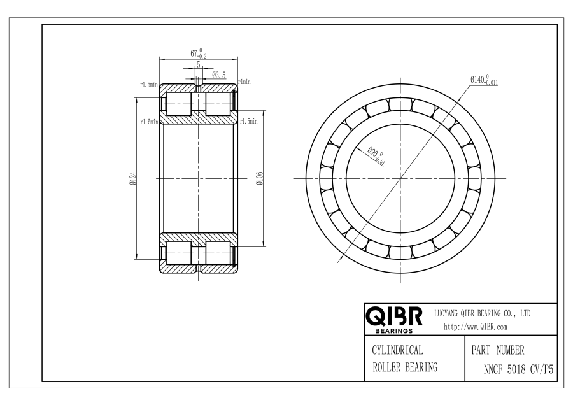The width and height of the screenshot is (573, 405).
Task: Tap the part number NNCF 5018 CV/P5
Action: coord(518,369)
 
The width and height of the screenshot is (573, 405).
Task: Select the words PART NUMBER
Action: coord(498,350)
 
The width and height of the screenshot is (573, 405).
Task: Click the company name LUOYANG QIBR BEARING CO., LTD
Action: coord(482,313)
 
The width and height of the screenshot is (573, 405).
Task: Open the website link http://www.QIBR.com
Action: coord(476,327)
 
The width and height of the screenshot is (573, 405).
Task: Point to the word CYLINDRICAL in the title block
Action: coord(397,350)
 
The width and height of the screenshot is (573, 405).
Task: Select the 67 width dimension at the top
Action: coord(199,53)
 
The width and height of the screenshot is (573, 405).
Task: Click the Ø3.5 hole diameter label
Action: coord(219,75)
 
